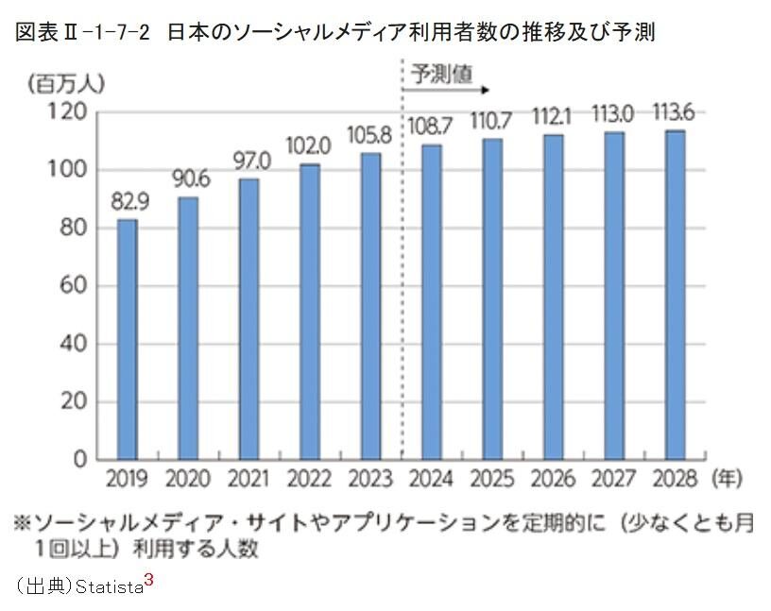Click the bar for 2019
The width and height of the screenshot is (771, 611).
click(127, 339)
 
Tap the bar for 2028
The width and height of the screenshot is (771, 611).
click(675, 295)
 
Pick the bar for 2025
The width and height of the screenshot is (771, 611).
click(492, 298)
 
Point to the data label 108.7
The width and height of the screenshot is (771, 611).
click(430, 125)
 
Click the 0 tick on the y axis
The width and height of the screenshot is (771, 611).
click(81, 460)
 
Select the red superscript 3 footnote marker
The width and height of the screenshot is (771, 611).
click(149, 579)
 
